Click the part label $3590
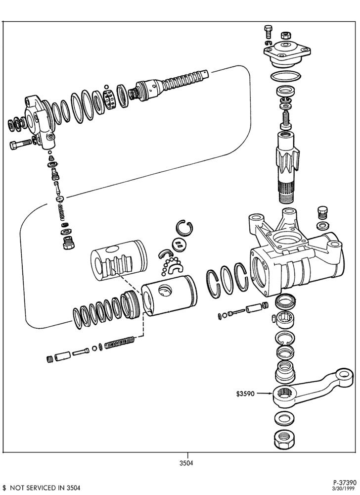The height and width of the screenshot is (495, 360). tap(245, 394)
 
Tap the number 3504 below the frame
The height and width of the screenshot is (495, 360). tap(186, 463)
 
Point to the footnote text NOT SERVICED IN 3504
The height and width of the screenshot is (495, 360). tap(45, 488)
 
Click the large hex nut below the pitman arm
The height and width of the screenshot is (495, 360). tap(284, 439)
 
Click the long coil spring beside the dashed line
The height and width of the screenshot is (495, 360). tap(120, 343)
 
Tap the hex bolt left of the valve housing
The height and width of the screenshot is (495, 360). tap(21, 144)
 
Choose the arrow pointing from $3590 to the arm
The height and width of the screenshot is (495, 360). tap(264, 394)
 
